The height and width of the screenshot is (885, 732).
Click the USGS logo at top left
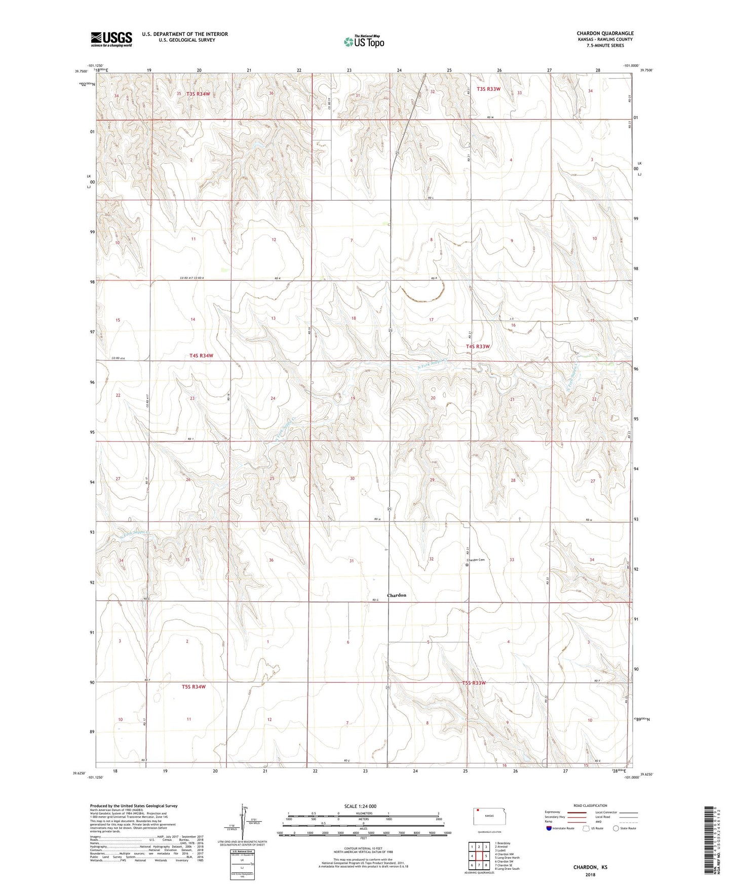coord(111,39)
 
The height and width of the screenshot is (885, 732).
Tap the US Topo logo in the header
coord(364,42)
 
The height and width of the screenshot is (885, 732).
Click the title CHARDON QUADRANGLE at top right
coord(605,33)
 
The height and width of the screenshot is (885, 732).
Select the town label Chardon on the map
coord(397,595)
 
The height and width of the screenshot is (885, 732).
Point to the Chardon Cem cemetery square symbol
coord(467,565)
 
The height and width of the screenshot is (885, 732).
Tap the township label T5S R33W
coord(474,683)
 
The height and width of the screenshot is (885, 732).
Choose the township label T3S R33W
coord(485,89)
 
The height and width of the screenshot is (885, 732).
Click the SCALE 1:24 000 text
coord(360,806)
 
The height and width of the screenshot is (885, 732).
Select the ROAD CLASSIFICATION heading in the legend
coord(590,805)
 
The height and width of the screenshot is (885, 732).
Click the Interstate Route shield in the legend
coord(549,828)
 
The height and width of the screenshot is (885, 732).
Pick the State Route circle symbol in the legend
coord(616,828)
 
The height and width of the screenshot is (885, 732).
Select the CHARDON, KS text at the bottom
coord(590,867)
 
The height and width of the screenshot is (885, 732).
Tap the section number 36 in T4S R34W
coord(272,560)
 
